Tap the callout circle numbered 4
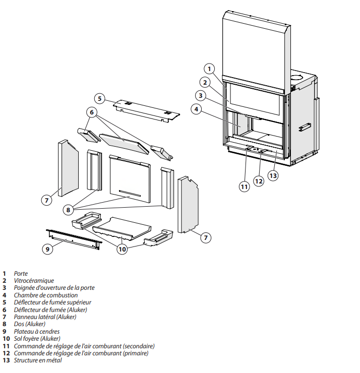197,108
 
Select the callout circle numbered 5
100,98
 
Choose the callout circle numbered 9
47,249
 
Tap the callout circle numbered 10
122,249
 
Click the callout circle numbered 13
273,175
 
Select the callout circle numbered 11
244,186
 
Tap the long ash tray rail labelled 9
74,237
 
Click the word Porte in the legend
21,274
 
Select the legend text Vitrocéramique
34,281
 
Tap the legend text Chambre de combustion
46,295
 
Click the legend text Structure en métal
38,360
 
